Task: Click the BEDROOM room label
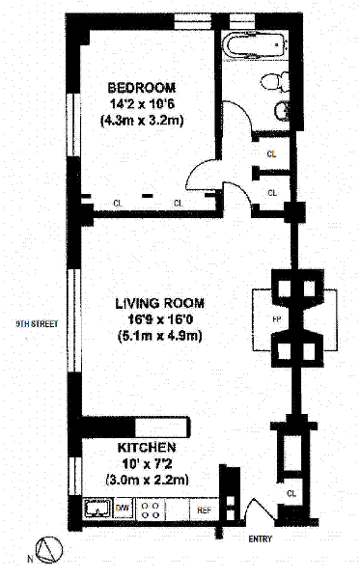pos(142,88)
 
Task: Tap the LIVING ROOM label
pos(160,304)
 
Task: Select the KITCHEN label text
pos(147,448)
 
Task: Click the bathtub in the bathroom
pos(257,45)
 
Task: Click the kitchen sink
pos(97,509)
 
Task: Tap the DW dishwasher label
pos(122,508)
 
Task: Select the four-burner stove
pos(151,510)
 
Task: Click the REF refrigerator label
pos(205,510)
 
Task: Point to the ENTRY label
pos(261,539)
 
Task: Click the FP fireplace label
pos(276,319)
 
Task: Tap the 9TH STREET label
pos(37,324)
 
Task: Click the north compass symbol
pos(49,549)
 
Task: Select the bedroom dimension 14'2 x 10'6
pos(142,104)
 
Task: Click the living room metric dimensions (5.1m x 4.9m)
pos(160,337)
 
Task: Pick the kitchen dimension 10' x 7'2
pos(147,464)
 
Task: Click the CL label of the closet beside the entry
pos(291,493)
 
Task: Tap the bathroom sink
pos(283,110)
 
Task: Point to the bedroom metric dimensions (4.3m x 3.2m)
pos(142,121)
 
